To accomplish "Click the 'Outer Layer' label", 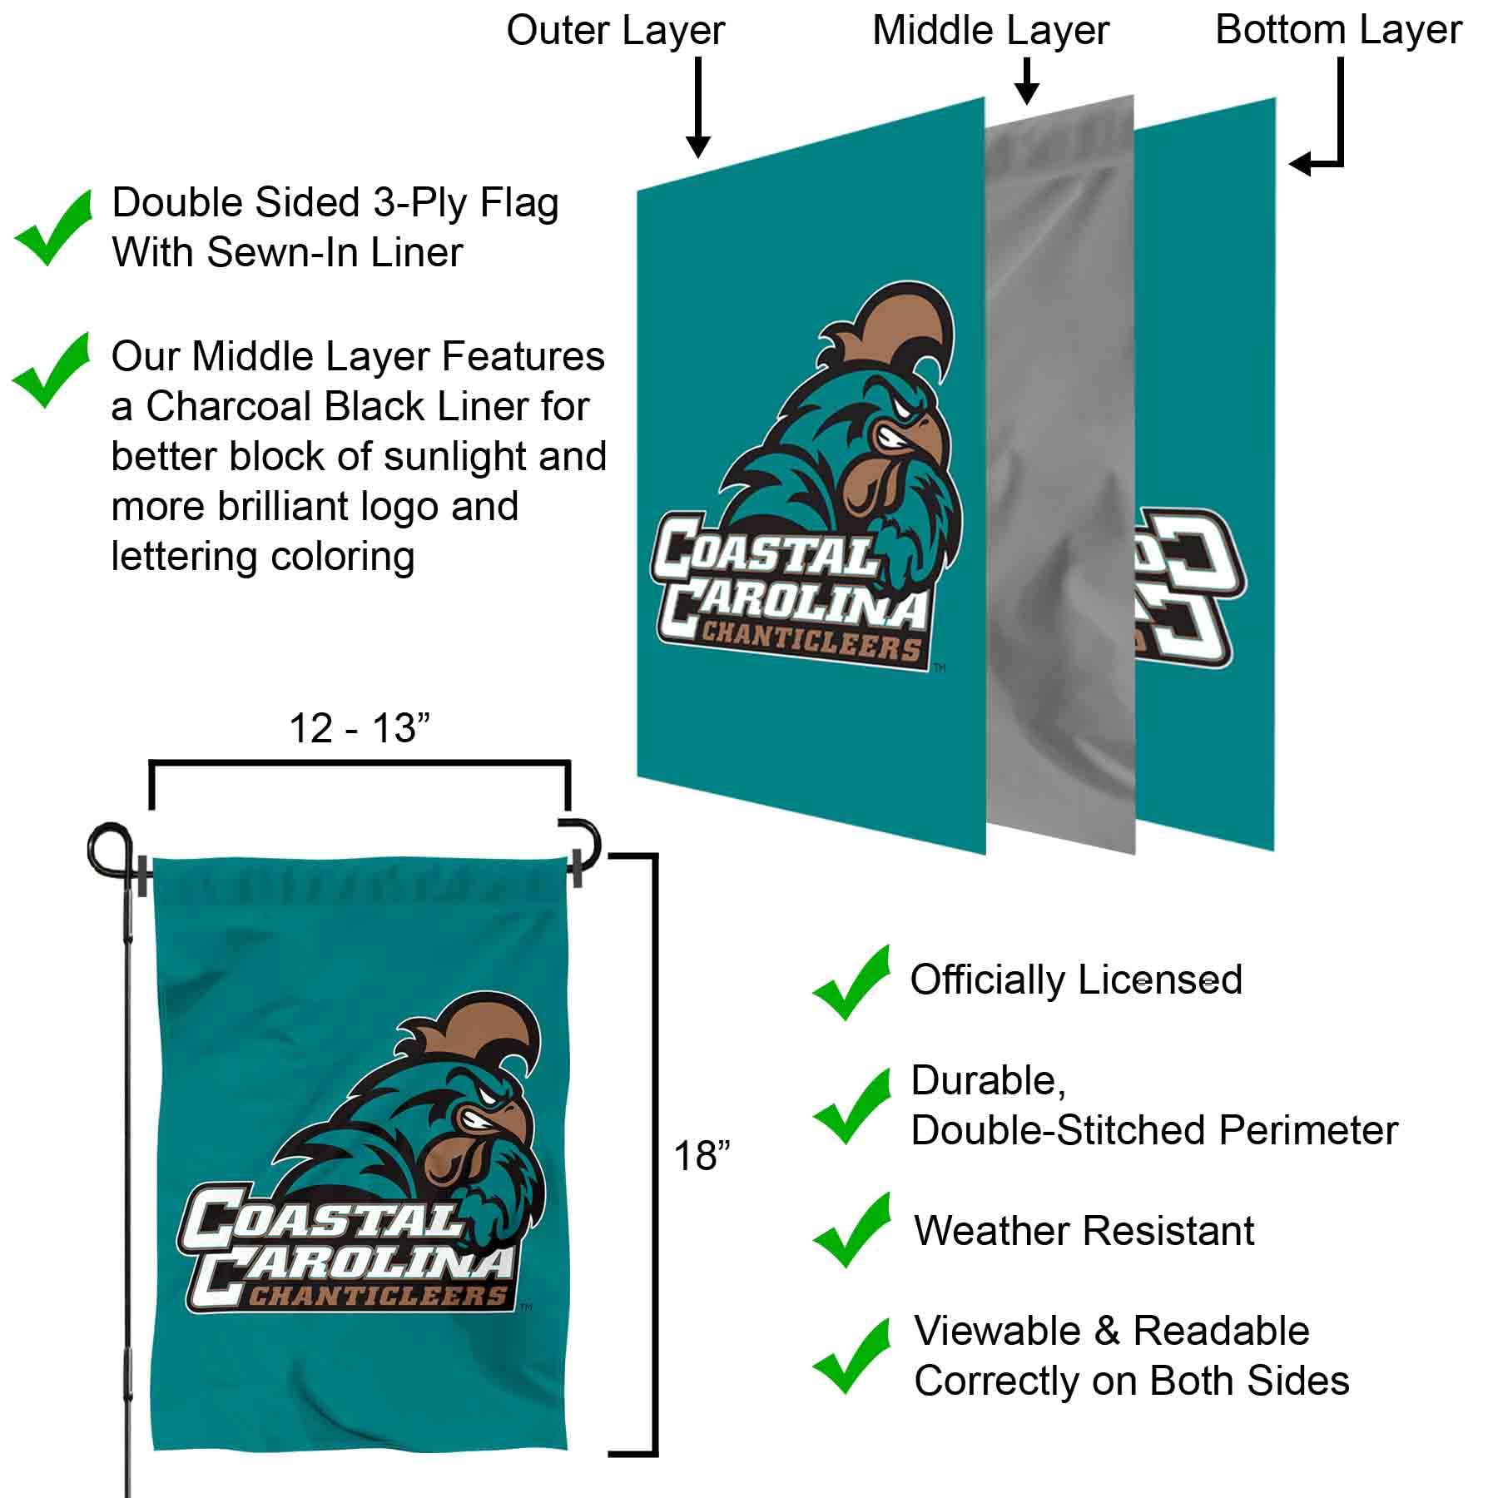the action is tap(615, 32).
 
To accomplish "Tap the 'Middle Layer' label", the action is tap(990, 32).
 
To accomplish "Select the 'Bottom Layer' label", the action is tap(1338, 30).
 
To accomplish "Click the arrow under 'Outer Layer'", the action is tap(698, 108).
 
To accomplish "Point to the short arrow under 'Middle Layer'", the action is tap(1028, 82).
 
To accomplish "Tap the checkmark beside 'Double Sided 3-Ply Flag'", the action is tap(52, 228).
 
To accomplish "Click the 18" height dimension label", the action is tap(701, 1157).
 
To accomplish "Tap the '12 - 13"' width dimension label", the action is tap(359, 729).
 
